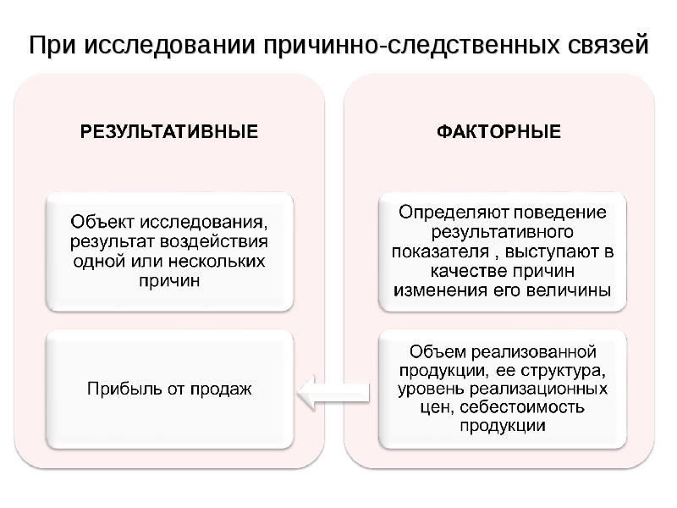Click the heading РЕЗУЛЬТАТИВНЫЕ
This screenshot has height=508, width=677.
[x=169, y=131]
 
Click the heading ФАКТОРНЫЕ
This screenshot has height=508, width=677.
[x=498, y=131]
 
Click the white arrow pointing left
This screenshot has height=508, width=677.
[x=333, y=393]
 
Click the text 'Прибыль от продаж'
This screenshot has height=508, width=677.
[x=169, y=389]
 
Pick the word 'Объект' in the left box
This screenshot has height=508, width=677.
[x=102, y=222]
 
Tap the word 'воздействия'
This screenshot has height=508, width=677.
[x=214, y=241]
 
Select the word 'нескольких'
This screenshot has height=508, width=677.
[x=217, y=262]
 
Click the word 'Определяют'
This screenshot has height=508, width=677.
[x=454, y=213]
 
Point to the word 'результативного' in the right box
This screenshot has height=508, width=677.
[x=502, y=232]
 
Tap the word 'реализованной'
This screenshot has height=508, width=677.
[x=533, y=352]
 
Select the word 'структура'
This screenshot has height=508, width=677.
[x=563, y=371]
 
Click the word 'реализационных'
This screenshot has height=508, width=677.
[x=538, y=389]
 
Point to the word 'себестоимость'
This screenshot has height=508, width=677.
[x=522, y=407]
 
